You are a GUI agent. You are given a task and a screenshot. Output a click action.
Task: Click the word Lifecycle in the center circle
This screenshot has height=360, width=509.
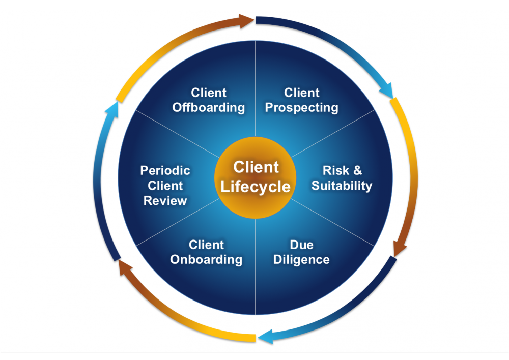256,186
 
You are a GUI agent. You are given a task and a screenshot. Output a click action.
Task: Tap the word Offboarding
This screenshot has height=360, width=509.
209,108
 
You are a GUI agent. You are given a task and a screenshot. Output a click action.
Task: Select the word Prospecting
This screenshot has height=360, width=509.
302,108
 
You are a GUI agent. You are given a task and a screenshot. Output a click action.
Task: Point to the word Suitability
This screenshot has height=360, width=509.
342,186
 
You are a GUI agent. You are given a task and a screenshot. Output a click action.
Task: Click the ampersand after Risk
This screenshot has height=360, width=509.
357,170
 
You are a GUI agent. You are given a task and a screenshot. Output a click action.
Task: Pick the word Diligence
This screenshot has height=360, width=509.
302,260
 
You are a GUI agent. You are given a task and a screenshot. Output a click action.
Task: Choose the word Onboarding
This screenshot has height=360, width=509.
206,260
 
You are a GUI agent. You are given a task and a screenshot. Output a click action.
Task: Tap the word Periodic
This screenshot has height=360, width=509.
165,170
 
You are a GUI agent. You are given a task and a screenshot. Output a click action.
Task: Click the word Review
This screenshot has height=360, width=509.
165,201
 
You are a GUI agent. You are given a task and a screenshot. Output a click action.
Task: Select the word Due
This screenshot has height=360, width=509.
302,245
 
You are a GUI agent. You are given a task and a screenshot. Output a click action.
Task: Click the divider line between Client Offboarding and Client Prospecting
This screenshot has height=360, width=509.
255,92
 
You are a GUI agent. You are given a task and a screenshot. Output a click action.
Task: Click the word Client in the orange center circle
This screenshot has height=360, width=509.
256,167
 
